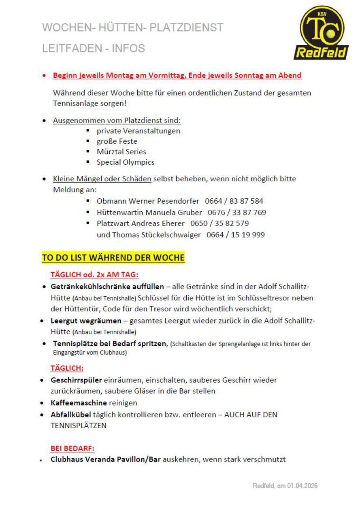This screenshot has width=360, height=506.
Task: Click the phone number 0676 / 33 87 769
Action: (237, 212)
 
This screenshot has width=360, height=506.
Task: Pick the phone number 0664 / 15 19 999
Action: (236, 234)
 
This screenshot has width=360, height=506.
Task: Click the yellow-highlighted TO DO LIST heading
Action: (113, 258)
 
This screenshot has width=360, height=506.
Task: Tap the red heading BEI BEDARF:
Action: (72, 449)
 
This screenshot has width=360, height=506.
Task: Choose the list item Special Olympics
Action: (125, 162)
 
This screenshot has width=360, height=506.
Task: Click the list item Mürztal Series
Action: (121, 152)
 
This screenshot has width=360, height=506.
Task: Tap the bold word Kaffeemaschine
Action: (79, 403)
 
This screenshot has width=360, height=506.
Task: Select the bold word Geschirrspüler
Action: (76, 380)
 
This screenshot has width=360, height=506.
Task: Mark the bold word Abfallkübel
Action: (71, 415)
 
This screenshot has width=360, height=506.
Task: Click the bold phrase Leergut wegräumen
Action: (86, 321)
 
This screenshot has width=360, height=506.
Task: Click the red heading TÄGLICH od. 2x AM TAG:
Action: (94, 275)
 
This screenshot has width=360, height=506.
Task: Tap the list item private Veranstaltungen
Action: (138, 131)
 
